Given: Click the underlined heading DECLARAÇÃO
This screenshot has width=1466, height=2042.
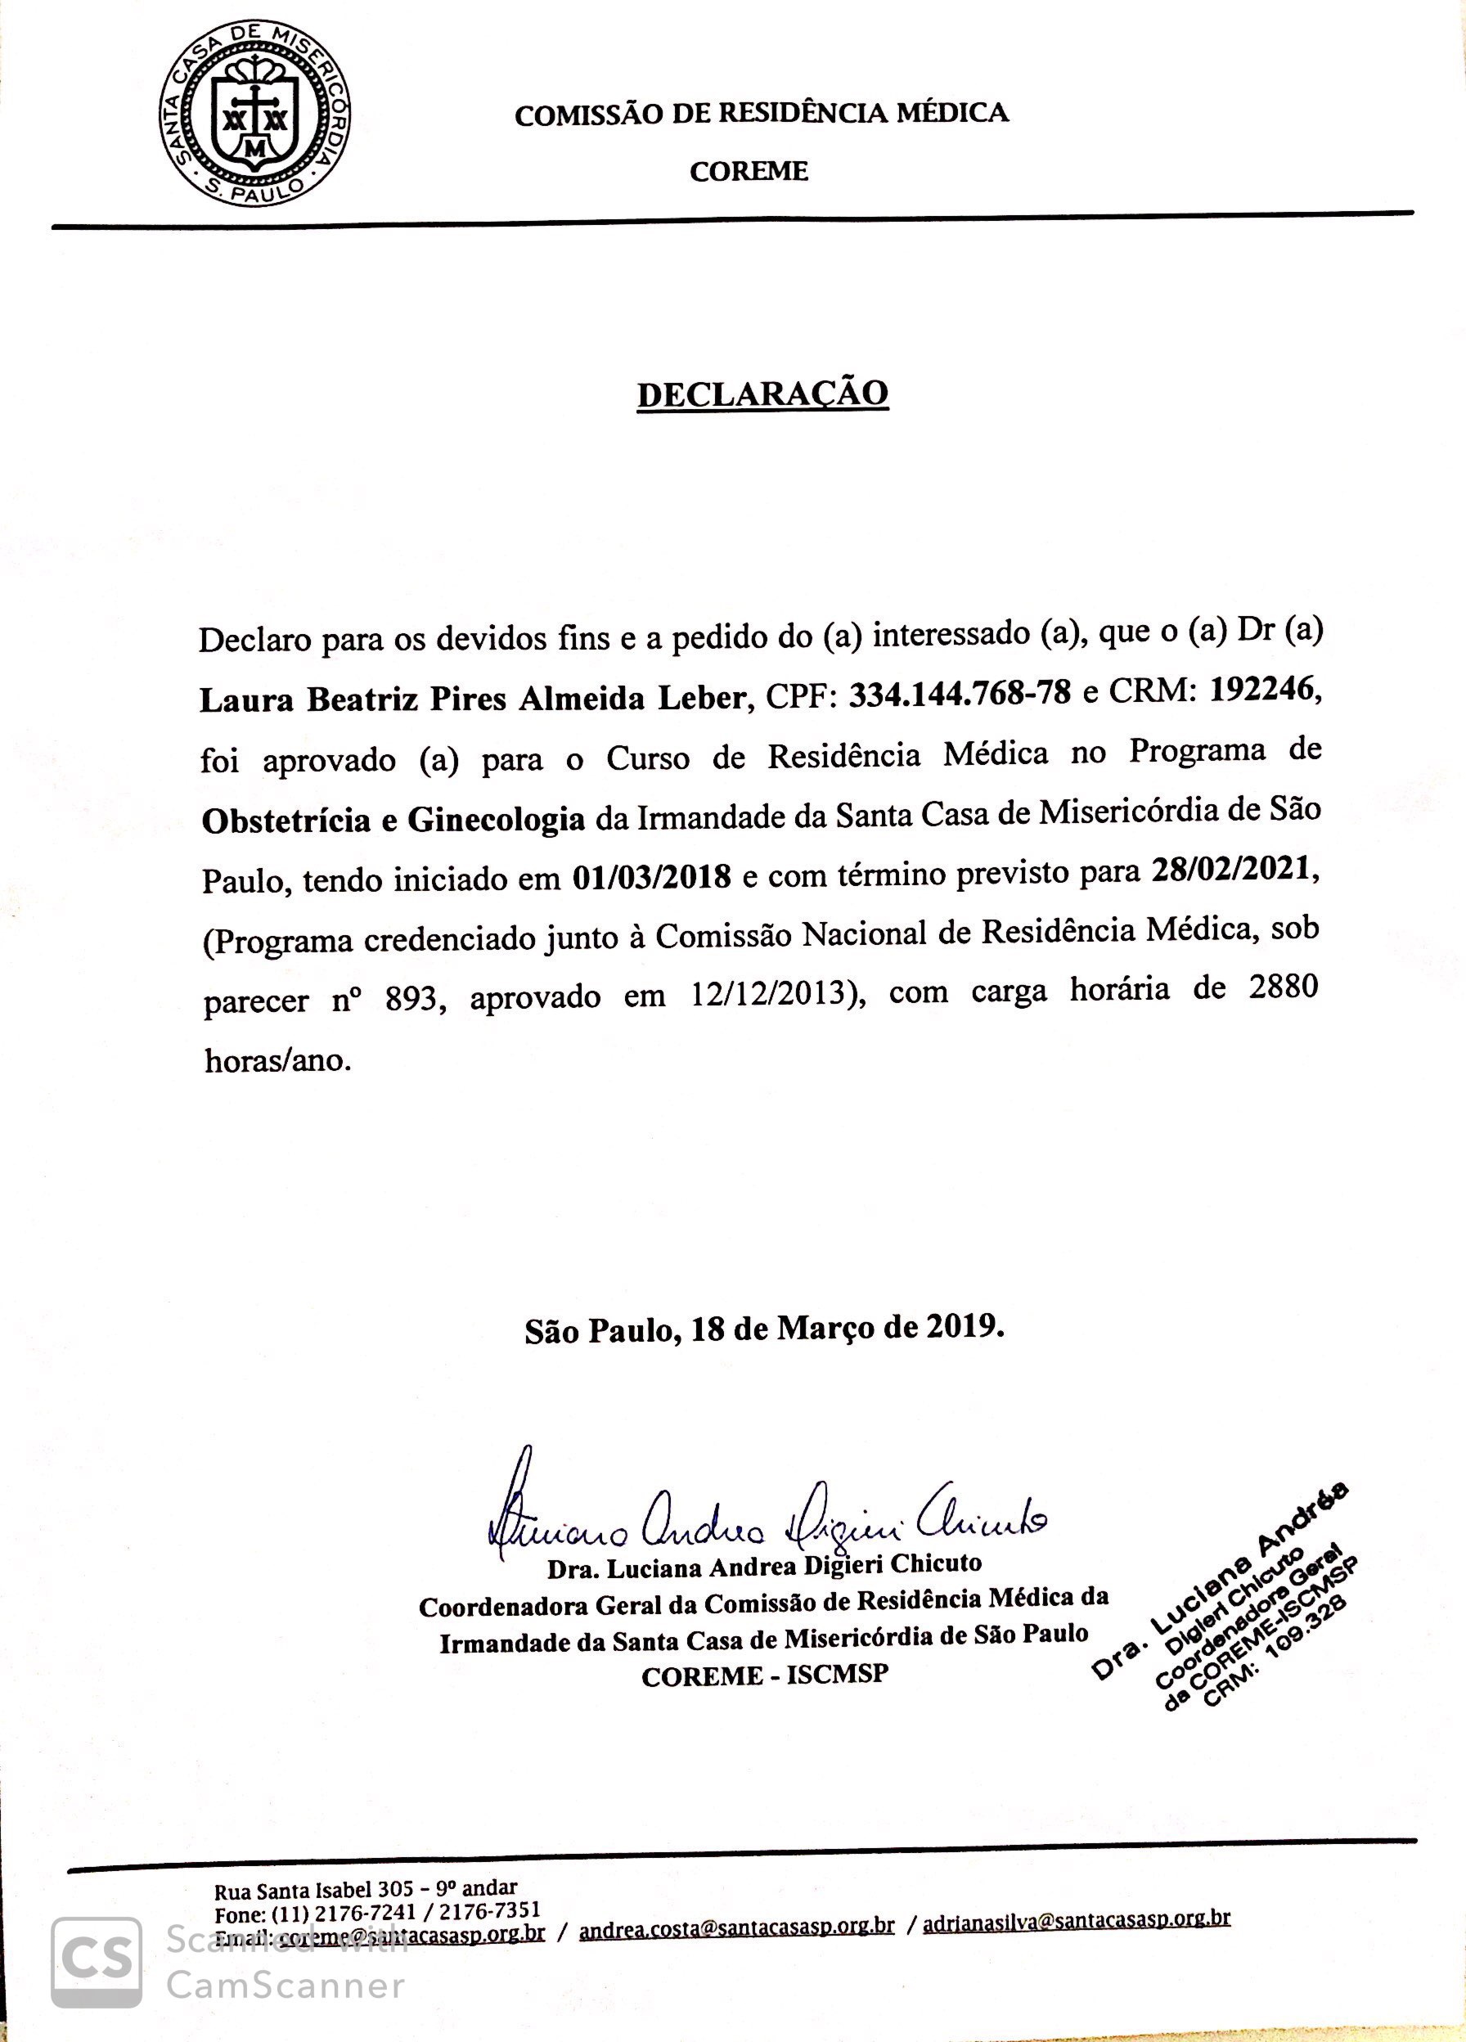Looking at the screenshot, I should click(762, 394).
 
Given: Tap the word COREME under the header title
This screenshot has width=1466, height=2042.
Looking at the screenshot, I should click(749, 171).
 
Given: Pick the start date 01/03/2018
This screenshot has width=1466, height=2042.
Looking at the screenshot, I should click(651, 877).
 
